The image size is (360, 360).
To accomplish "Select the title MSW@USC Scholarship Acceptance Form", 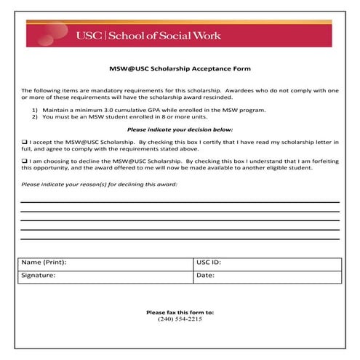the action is (180, 68).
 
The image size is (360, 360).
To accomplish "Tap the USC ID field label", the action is (209, 262).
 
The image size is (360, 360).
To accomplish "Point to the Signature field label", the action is (39, 276).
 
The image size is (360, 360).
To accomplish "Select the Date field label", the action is (205, 276).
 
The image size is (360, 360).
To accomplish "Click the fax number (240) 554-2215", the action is (180, 319).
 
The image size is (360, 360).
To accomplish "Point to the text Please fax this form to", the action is (180, 313).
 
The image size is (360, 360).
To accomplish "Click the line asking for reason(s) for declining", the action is (99, 185).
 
